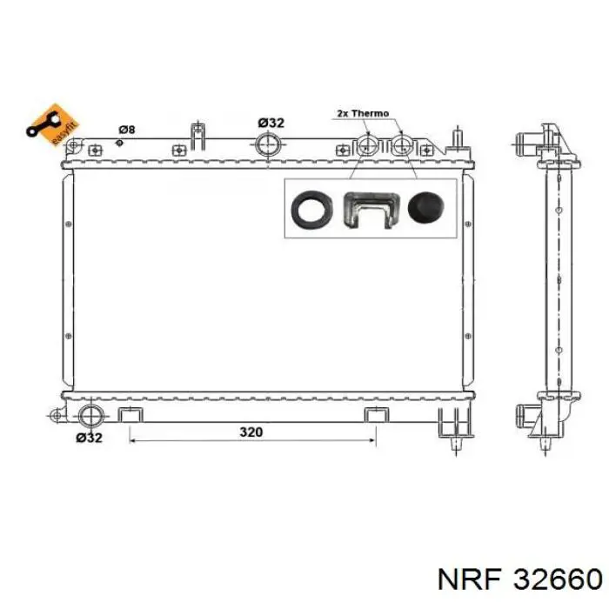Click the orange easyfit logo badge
coord(53,124)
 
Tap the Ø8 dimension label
coord(127,130)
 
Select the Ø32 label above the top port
coord(271,123)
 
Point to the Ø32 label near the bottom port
coord(89,438)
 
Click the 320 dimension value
coord(251,432)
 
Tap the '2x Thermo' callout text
coord(363,113)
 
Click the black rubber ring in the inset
coord(312,209)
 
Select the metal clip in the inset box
coord(371,210)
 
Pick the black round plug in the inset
coord(426,207)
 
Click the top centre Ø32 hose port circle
coord(268,145)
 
